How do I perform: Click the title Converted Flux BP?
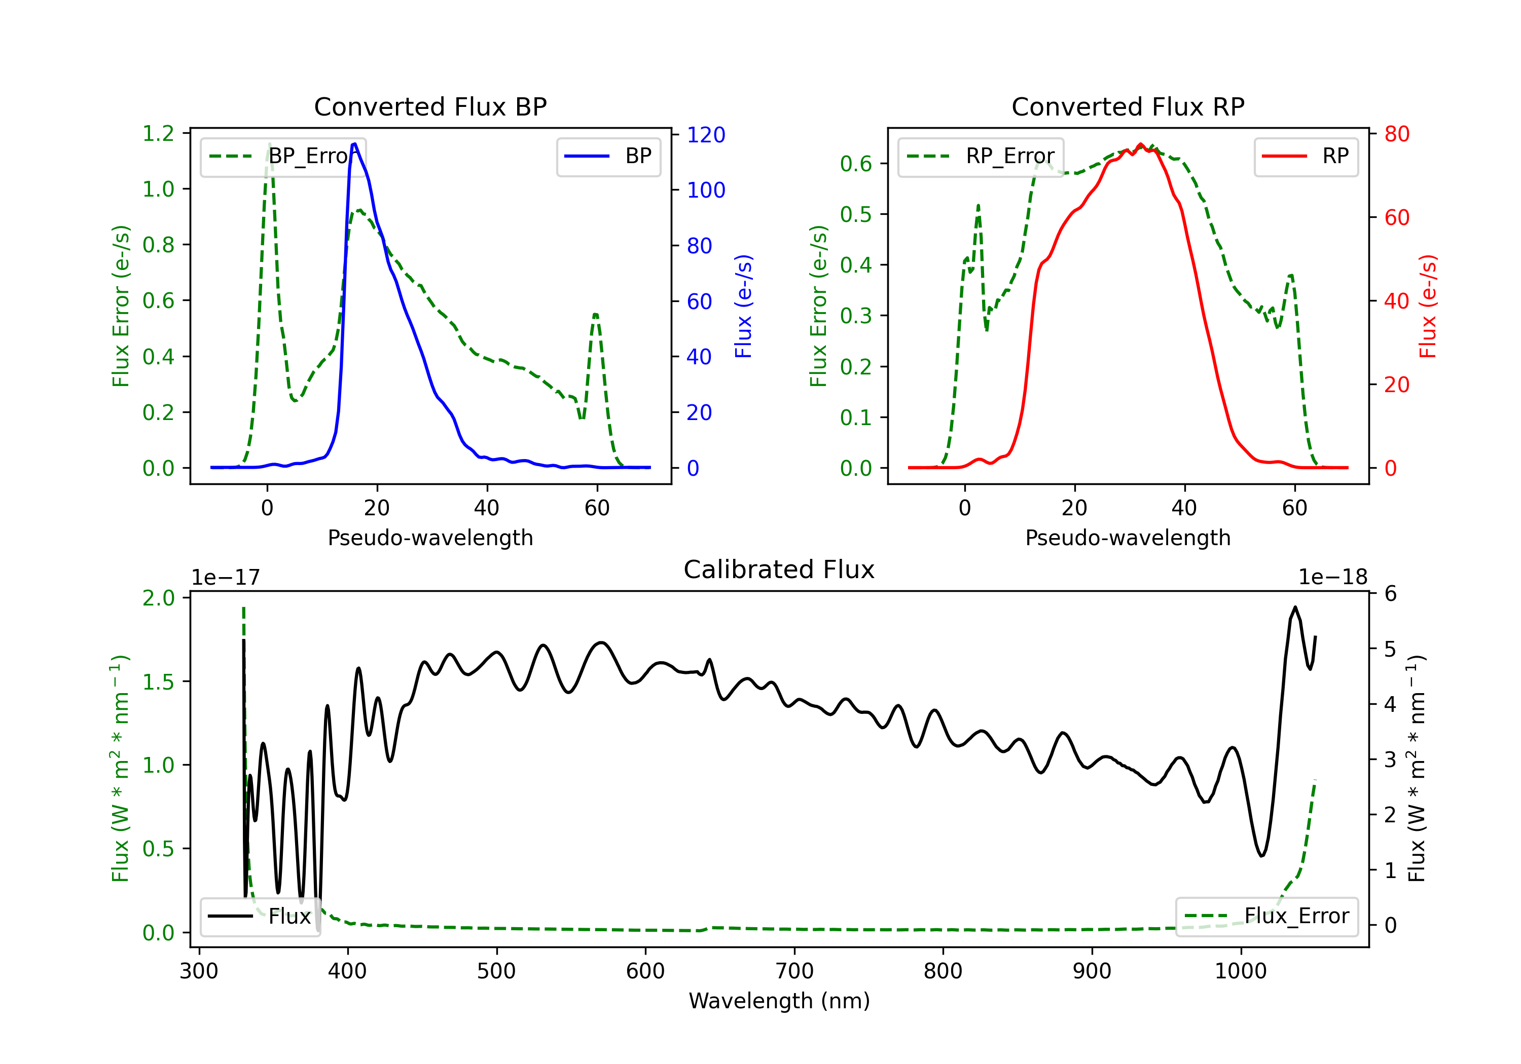pyautogui.click(x=430, y=106)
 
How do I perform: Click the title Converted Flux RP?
pyautogui.click(x=1128, y=106)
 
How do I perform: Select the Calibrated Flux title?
pyautogui.click(x=779, y=569)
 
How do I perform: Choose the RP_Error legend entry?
pyautogui.click(x=981, y=156)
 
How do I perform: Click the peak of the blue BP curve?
pyautogui.click(x=354, y=144)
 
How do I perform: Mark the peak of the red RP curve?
pyautogui.click(x=1140, y=144)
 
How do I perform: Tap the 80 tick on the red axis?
pyautogui.click(x=1396, y=134)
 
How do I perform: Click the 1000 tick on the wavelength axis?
pyautogui.click(x=1240, y=971)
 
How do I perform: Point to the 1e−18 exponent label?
pyautogui.click(x=1333, y=578)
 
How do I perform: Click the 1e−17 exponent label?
pyautogui.click(x=226, y=578)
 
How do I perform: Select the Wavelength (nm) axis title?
pyautogui.click(x=779, y=1001)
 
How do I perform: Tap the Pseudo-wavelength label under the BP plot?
pyautogui.click(x=430, y=538)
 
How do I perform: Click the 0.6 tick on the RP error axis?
pyautogui.click(x=856, y=164)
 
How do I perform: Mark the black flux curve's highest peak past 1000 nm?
pyautogui.click(x=1294, y=607)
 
